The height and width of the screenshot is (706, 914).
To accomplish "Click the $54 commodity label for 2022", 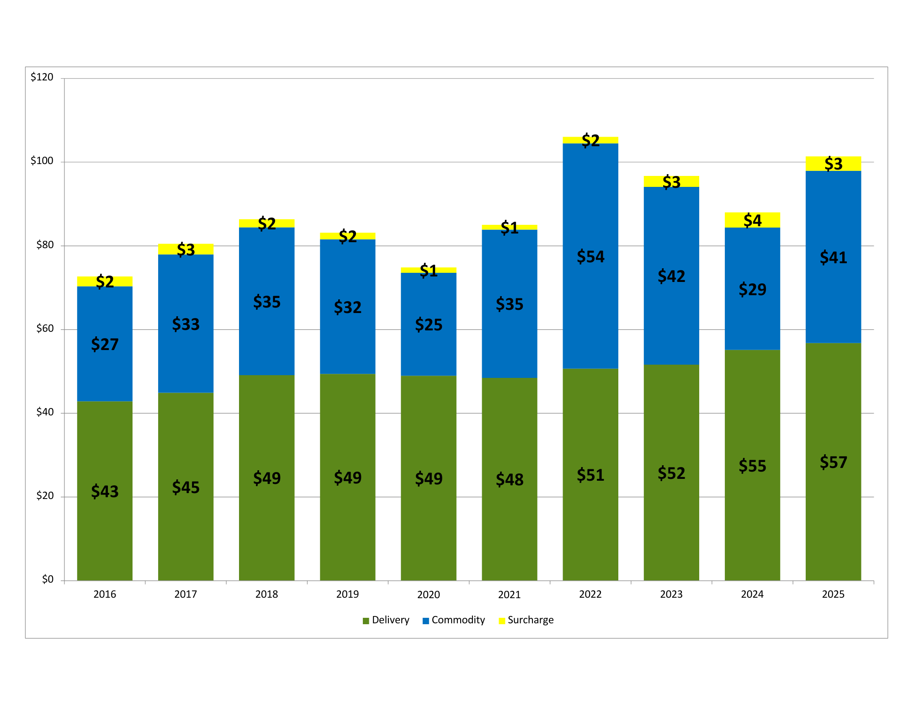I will (590, 257).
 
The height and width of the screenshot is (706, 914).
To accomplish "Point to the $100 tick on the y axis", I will (42, 161).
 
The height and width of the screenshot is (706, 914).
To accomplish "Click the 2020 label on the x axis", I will (428, 595).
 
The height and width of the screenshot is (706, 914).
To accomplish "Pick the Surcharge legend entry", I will (526, 620).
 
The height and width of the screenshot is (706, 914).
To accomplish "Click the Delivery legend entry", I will (386, 620).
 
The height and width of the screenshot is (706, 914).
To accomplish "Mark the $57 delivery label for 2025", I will (833, 462).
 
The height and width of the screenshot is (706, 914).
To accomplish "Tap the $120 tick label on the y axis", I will (42, 77).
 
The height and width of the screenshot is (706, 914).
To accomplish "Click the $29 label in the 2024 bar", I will (752, 289).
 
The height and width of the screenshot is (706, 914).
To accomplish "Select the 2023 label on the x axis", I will (671, 595).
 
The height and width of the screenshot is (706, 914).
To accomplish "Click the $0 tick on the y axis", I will (48, 580).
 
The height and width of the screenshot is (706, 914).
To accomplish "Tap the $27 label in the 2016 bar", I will (105, 344).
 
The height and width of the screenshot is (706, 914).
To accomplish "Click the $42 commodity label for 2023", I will (671, 276).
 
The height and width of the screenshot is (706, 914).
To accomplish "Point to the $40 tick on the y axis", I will (45, 413).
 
